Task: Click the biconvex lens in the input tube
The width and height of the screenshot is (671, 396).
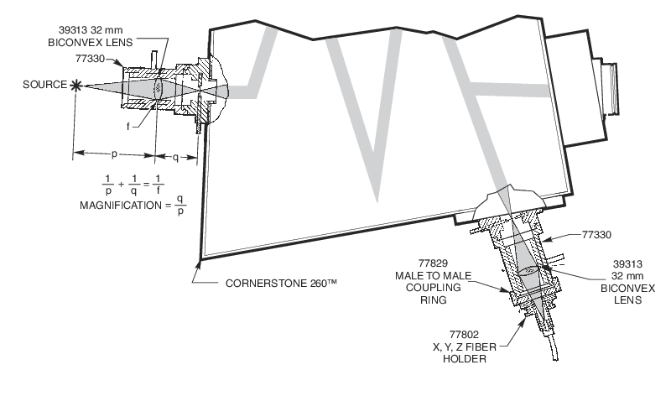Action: tap(160, 86)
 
